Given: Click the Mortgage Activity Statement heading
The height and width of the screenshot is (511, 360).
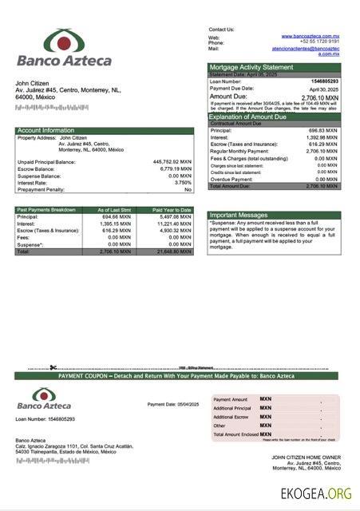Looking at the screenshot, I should pos(251,68).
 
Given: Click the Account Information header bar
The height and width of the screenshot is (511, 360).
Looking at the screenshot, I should pos(46,130).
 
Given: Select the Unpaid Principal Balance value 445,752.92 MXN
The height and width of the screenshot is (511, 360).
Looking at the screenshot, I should pos(172,161).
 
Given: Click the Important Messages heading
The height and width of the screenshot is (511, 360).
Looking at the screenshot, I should pos(238,215).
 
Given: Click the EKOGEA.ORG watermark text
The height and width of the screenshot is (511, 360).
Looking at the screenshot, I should pos(316,493).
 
